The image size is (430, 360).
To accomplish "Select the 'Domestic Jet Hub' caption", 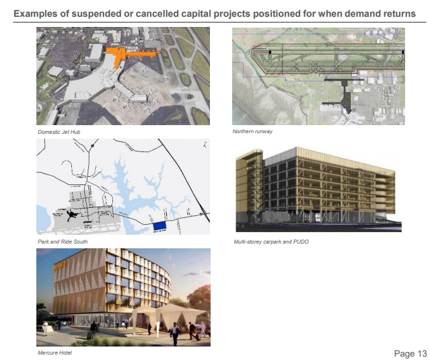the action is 59,132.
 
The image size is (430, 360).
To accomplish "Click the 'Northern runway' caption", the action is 252,131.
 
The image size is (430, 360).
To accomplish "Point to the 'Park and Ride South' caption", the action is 63,242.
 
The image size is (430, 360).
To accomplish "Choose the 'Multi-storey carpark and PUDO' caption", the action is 271,242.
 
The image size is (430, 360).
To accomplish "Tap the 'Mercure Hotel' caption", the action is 55,353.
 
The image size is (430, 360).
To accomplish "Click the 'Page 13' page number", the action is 410,354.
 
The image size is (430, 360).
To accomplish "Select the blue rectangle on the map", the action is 159,226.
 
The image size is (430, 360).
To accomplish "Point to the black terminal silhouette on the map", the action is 72,215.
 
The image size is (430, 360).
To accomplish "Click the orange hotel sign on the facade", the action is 60,266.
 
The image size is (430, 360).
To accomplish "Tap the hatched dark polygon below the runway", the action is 346,102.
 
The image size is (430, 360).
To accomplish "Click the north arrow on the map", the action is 205,144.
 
